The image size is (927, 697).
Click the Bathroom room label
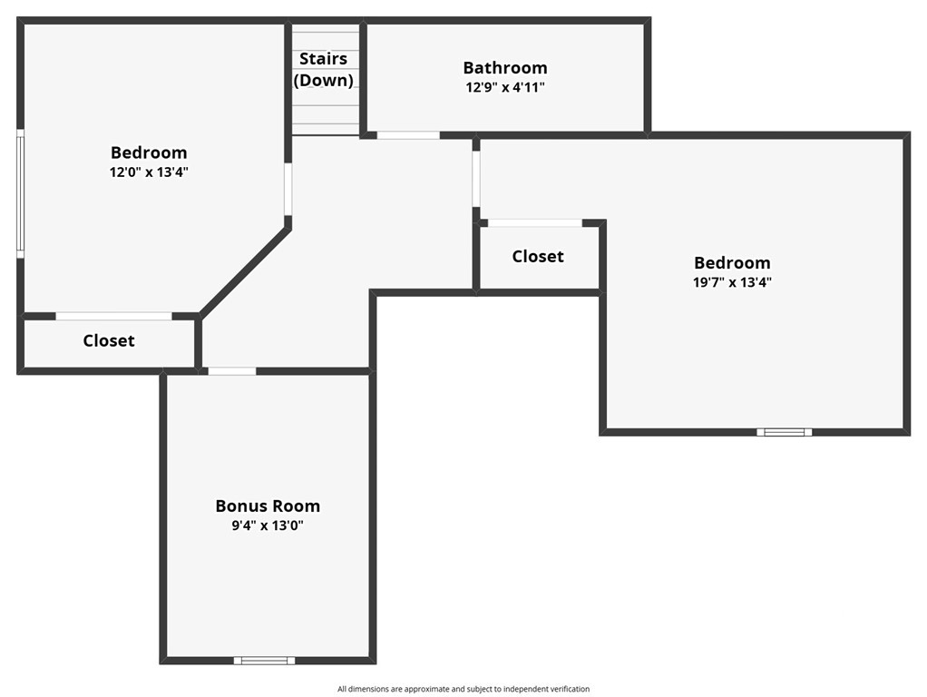pos(505,67)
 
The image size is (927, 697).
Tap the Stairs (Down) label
pos(324,69)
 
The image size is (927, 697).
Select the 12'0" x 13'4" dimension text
pos(149,172)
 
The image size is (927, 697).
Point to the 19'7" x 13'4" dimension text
pos(733,281)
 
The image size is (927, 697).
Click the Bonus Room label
pos(268,506)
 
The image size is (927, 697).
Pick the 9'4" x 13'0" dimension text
pos(268,525)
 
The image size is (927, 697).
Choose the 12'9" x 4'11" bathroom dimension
pos(505,87)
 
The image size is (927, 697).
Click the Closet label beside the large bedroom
pos(538,256)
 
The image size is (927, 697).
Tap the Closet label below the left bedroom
pos(109,341)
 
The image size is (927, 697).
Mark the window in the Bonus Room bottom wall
pos(264,661)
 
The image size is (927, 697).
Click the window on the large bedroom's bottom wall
pos(784,432)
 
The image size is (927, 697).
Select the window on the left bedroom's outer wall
pos(20,193)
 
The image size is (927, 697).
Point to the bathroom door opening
pos(408,135)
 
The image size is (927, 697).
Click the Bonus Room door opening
pos(232,371)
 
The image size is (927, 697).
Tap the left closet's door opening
pos(114,316)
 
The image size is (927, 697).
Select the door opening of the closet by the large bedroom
pos(535,223)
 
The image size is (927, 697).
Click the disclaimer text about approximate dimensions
pos(463,689)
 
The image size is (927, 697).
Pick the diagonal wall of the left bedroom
pos(245,271)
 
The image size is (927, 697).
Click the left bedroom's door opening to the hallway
pos(288,190)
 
